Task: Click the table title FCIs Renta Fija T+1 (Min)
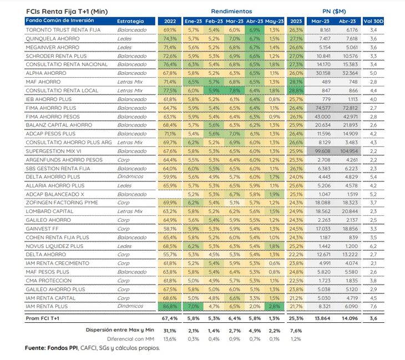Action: pos(67,12)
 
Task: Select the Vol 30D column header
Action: pos(373,21)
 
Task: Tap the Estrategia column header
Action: pos(130,21)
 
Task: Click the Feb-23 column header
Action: pos(214,21)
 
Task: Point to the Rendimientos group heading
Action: pos(231,11)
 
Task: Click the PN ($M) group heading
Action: pos(334,11)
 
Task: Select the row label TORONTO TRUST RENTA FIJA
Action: pos(63,30)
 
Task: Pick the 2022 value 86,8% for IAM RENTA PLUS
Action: pos(170,307)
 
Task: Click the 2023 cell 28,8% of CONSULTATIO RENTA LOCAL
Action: pos(296,90)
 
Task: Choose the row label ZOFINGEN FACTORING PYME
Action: pos(62,202)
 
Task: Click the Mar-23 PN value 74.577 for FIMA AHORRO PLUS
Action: pos(322,108)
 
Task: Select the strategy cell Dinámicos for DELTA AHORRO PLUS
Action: pos(130,176)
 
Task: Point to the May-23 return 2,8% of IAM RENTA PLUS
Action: pos(274,307)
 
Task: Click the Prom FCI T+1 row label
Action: pos(42,318)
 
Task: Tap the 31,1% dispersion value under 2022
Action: pos(170,331)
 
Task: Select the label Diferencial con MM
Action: pos(130,339)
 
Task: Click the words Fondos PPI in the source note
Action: pos(63,348)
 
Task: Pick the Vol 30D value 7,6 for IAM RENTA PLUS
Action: pos(373,307)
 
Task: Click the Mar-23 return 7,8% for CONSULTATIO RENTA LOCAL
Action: pos(235,90)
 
